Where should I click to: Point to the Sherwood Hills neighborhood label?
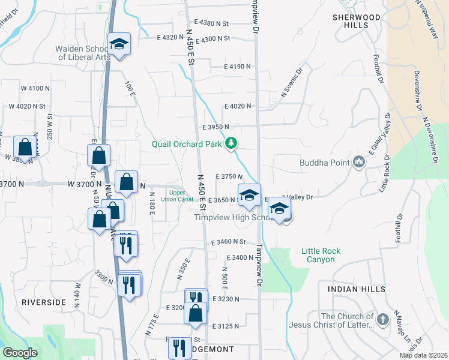click(357, 22)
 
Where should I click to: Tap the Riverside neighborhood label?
click(44, 302)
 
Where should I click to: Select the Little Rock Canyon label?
click(321, 255)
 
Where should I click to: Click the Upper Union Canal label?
click(181, 196)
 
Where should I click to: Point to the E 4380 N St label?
click(210, 23)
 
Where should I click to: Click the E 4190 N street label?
click(237, 67)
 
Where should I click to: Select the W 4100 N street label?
click(35, 88)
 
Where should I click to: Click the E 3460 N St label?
click(229, 242)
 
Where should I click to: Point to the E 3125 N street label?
click(225, 326)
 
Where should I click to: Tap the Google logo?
click(20, 353)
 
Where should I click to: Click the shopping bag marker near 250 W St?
click(25, 146)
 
